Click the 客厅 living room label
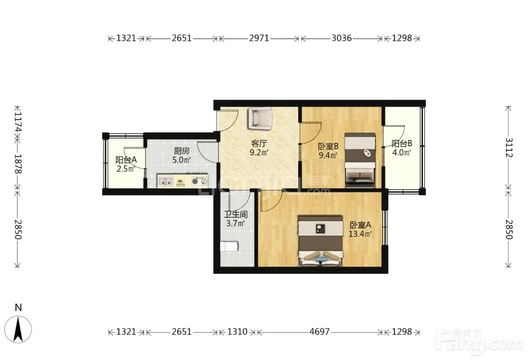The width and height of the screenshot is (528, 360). click(x=259, y=143)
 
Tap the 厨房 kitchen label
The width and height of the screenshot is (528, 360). click(x=181, y=151)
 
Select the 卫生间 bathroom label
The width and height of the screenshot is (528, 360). click(x=236, y=214)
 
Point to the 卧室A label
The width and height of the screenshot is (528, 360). click(x=360, y=225)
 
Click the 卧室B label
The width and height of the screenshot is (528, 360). click(x=328, y=146)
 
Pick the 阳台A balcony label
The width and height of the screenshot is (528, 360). click(x=126, y=159)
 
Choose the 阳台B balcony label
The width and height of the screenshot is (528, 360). click(x=402, y=143)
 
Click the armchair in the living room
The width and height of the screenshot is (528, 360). click(x=260, y=118)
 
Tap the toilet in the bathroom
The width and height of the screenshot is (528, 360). click(x=229, y=246)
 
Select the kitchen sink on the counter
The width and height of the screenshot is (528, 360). click(x=165, y=181)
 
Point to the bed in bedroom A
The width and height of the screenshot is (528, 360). click(x=320, y=241)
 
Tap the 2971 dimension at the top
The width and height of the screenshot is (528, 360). click(x=259, y=38)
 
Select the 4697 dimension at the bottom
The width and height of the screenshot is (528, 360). click(x=319, y=332)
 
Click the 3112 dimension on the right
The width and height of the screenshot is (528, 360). click(x=508, y=148)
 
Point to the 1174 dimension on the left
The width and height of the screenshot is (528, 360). click(x=18, y=122)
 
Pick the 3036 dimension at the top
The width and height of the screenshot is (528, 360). click(x=341, y=38)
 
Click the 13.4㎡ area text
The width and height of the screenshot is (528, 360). click(x=360, y=233)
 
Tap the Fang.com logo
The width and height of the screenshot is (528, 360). click(x=480, y=341)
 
